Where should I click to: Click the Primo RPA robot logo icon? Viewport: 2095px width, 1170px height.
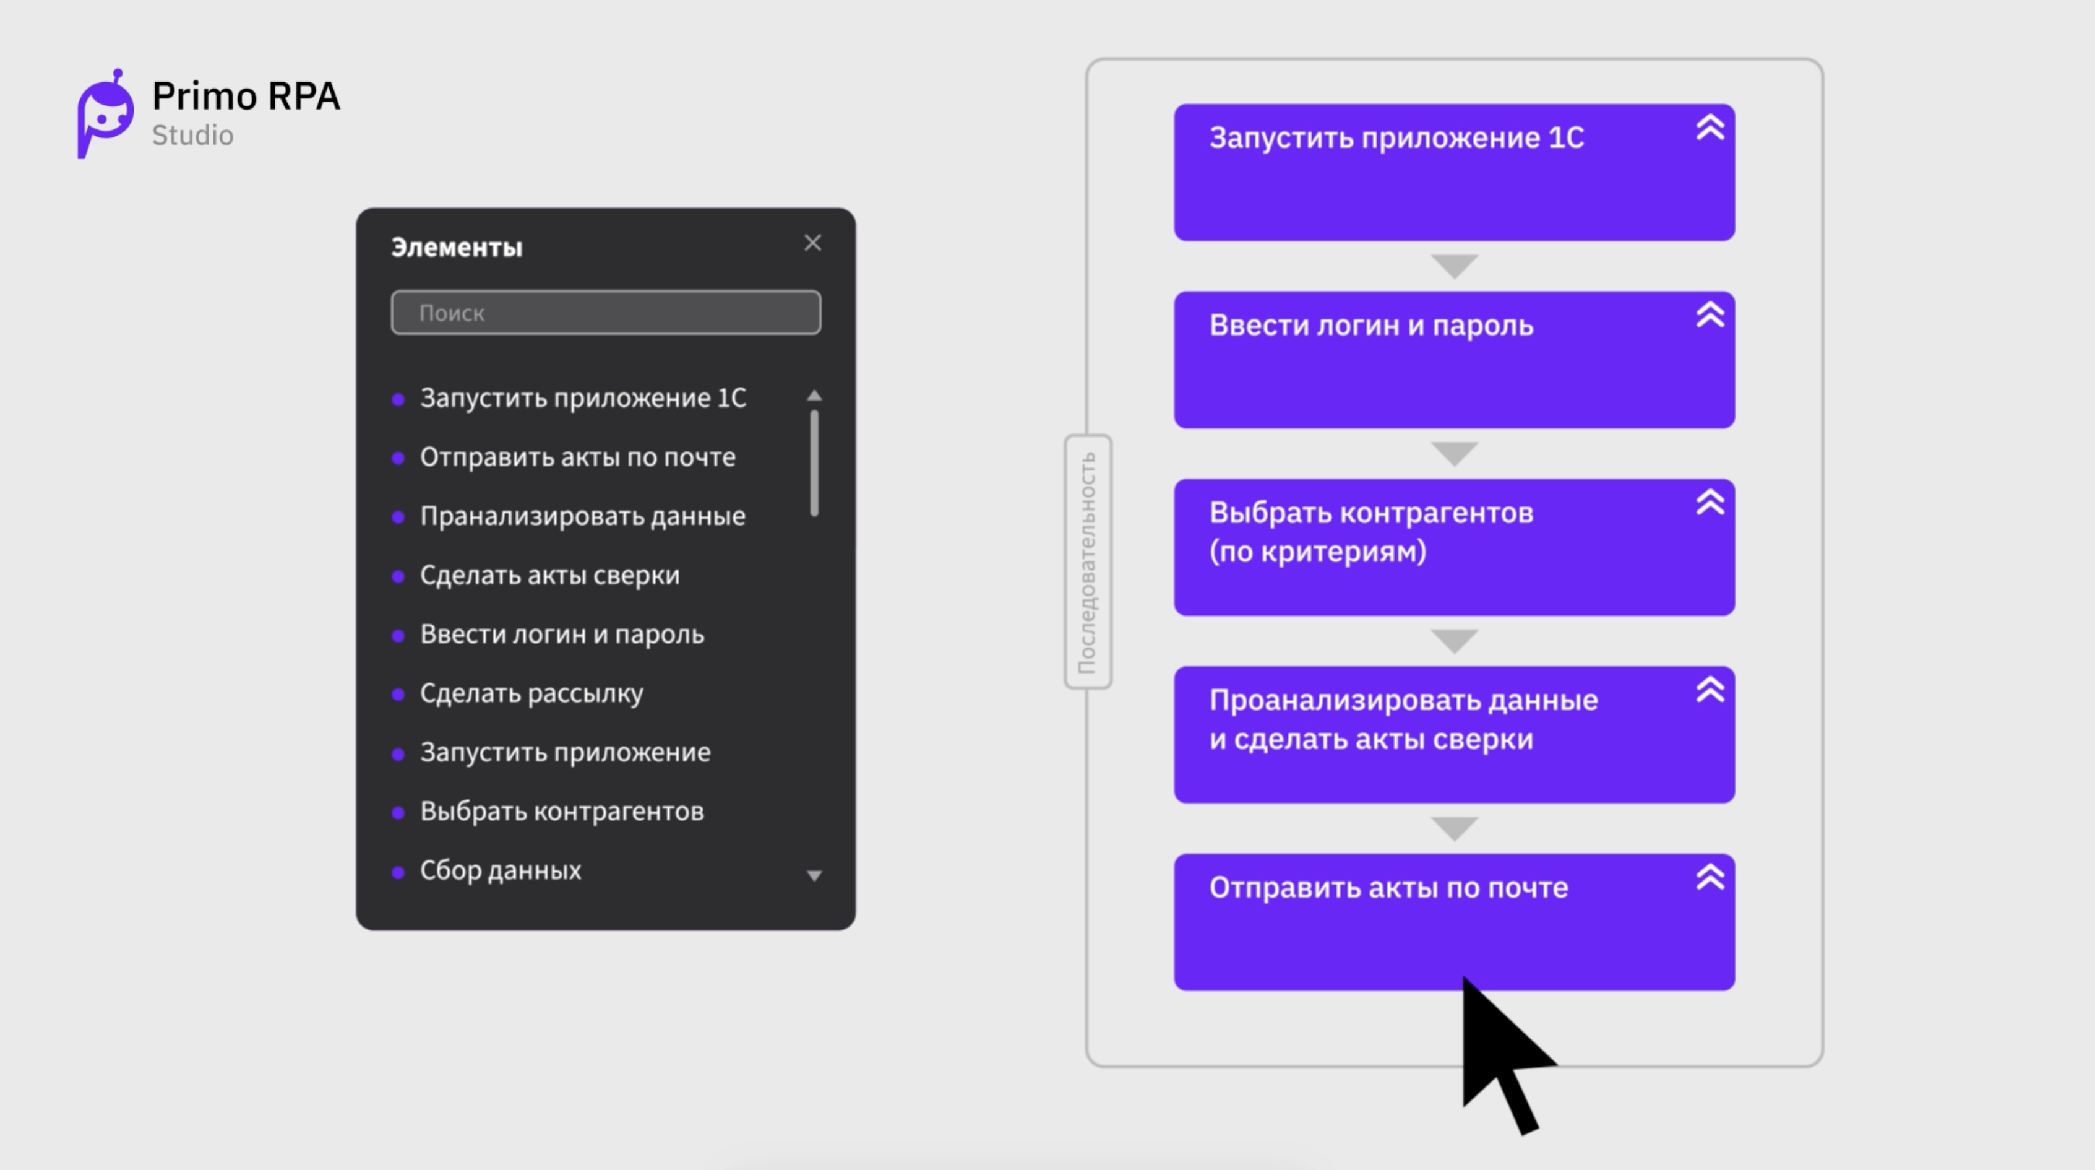pyautogui.click(x=105, y=114)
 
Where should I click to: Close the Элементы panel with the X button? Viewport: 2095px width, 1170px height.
pyautogui.click(x=812, y=243)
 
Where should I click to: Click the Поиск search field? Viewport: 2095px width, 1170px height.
pyautogui.click(x=606, y=313)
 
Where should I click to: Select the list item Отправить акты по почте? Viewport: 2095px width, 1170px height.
pyautogui.click(x=577, y=457)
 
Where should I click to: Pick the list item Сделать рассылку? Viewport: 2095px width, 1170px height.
pyautogui.click(x=531, y=693)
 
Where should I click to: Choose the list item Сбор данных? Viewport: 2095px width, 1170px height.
pyautogui.click(x=500, y=870)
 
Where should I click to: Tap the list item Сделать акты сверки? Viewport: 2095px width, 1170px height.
pyautogui.click(x=550, y=575)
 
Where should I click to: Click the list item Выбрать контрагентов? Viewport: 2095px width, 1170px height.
pyautogui.click(x=562, y=811)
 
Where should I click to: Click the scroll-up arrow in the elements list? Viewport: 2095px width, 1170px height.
pyautogui.click(x=814, y=396)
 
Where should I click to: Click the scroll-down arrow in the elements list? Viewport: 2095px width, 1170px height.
pyautogui.click(x=814, y=875)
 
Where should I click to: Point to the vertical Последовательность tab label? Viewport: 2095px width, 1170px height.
pyautogui.click(x=1087, y=562)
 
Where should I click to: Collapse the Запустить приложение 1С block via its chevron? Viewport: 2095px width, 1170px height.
pyautogui.click(x=1710, y=127)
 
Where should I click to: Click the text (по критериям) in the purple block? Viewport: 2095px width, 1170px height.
pyautogui.click(x=1317, y=552)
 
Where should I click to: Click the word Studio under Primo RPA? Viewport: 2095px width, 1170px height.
pyautogui.click(x=193, y=135)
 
